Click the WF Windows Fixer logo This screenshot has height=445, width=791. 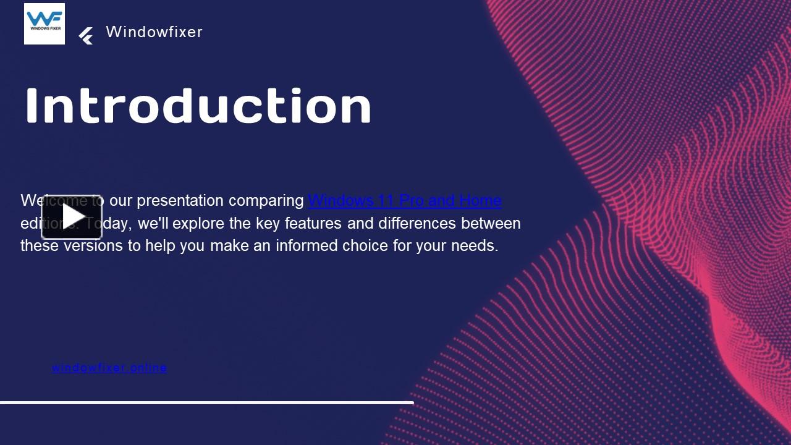pyautogui.click(x=44, y=24)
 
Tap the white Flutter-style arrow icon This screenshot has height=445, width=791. pyautogui.click(x=86, y=36)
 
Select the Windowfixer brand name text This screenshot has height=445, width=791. pyautogui.click(x=154, y=32)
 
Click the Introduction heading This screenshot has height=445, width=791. pyautogui.click(x=198, y=106)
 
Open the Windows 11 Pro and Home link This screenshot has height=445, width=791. pyautogui.click(x=405, y=201)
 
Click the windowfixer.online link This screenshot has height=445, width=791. pyautogui.click(x=109, y=368)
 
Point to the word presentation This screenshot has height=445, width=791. pyautogui.click(x=180, y=201)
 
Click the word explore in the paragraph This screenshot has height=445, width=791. pyautogui.click(x=198, y=223)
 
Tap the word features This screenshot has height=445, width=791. pyautogui.click(x=313, y=223)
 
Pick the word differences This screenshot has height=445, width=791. pyautogui.click(x=417, y=223)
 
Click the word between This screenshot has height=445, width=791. pyautogui.click(x=491, y=223)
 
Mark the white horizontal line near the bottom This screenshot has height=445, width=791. pyautogui.click(x=206, y=402)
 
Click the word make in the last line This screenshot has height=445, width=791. pyautogui.click(x=227, y=246)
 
